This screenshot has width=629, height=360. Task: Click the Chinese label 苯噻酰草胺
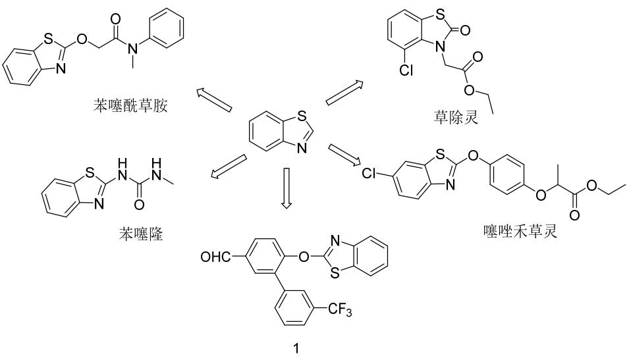coord(130,105)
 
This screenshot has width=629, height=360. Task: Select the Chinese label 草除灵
coord(456,117)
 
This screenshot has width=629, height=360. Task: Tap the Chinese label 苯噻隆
coord(141,234)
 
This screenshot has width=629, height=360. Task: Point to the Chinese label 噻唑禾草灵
coord(520,231)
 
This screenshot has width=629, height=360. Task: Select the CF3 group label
coord(340,310)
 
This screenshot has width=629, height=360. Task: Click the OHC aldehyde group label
coord(216,257)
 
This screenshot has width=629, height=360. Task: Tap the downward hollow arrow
coord(286,188)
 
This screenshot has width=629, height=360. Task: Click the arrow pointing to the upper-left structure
coord(214,100)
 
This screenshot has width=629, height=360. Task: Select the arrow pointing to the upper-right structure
coord(344,93)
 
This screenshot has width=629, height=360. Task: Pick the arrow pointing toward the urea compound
coord(229,165)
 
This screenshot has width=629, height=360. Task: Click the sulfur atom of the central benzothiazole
coord(302,116)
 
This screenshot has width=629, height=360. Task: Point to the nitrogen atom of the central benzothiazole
coord(302,149)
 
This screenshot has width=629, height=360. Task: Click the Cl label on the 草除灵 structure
coord(406,70)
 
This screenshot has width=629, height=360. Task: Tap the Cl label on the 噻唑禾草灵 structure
coord(368,173)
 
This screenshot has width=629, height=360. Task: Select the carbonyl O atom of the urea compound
coord(139,205)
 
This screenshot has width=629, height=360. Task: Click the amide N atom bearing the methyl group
coord(133,49)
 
